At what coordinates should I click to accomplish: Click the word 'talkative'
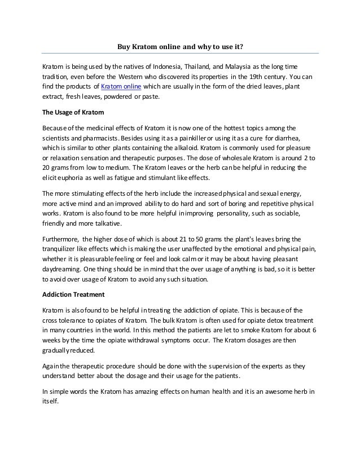tap(106, 223)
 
